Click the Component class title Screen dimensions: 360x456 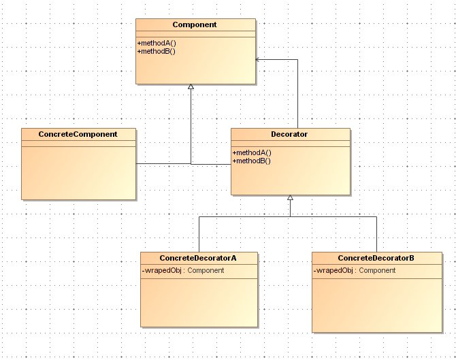195,24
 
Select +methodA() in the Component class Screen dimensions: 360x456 157,43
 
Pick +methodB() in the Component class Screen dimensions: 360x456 157,51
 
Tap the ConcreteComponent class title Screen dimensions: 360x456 79,134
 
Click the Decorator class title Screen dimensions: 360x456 290,134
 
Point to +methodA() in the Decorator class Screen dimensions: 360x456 252,152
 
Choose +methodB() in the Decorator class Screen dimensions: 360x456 252,161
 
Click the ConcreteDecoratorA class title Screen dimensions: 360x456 199,258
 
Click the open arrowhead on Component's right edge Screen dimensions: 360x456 258,60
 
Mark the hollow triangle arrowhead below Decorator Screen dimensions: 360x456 290,197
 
